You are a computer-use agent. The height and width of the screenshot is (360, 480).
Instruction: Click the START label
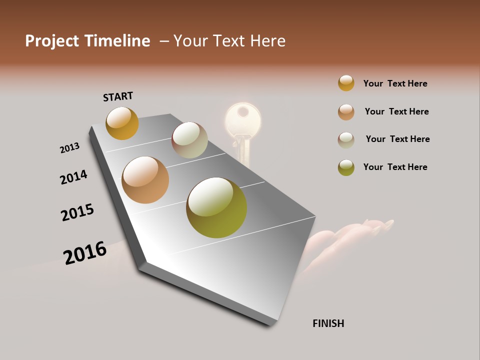pos(118,96)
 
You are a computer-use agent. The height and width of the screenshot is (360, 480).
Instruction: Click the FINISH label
pos(328,323)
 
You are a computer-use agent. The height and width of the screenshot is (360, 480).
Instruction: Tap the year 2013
pos(69,148)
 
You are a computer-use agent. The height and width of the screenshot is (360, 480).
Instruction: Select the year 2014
pos(73,177)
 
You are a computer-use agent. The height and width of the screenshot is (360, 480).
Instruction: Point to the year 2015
pos(77,212)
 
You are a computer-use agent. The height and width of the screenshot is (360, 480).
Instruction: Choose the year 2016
pos(85,252)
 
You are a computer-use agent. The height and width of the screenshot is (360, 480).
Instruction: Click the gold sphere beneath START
pos(122,123)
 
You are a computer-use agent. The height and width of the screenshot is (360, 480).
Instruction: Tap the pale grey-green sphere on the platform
pos(189,140)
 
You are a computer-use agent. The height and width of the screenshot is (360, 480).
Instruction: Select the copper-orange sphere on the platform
pos(145,180)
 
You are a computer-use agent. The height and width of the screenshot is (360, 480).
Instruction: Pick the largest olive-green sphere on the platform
pos(216,207)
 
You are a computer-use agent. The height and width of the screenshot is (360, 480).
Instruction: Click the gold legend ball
pos(346,83)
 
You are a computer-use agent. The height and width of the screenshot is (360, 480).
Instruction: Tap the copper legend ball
pos(346,111)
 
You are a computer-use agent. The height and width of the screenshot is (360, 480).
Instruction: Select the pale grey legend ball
pos(346,139)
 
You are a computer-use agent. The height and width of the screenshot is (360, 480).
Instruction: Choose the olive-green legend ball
pos(346,167)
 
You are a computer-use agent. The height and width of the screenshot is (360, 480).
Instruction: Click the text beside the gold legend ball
pos(395,83)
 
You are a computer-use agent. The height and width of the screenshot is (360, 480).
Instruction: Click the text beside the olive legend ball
pos(395,167)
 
